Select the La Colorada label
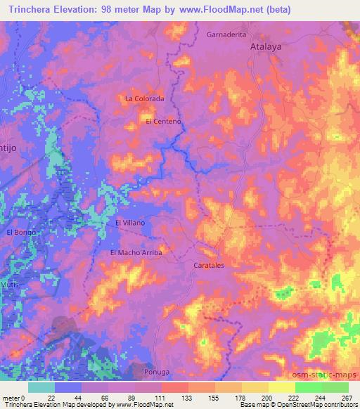pyautogui.click(x=144, y=99)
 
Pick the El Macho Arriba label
pyautogui.click(x=136, y=252)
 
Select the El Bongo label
pyautogui.click(x=20, y=231)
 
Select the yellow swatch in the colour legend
pyautogui.click(x=281, y=387)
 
